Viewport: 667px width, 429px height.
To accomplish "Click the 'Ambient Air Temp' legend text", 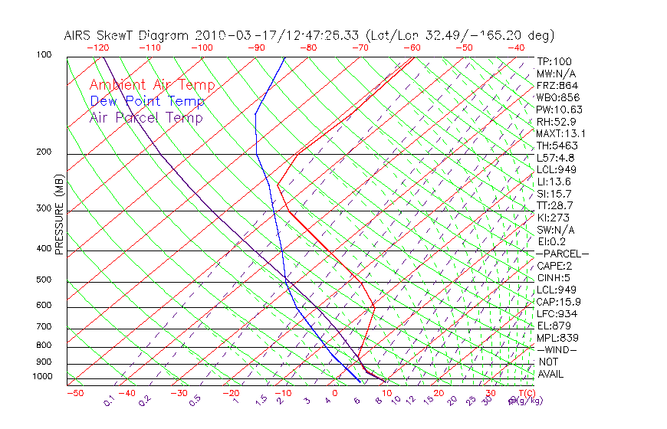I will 152,85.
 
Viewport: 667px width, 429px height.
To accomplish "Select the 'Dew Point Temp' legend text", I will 147,101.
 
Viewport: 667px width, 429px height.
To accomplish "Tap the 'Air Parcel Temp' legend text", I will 146,117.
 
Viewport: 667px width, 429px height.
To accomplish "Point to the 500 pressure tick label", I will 44,280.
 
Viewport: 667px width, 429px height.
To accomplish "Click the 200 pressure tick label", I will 44,152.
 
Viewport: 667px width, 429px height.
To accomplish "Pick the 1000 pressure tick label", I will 42,376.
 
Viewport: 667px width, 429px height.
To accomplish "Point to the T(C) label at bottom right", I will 526,393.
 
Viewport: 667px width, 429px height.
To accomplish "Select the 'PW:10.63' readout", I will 559,110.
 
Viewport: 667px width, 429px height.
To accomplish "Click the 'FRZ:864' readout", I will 557,85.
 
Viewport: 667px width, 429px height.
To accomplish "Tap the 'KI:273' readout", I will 553,218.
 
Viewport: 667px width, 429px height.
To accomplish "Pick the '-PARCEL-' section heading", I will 562,254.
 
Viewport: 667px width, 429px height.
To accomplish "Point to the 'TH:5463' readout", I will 557,146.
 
